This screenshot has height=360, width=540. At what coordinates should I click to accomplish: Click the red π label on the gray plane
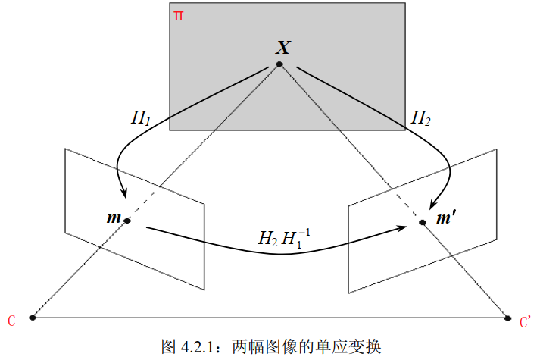pyautogui.click(x=178, y=15)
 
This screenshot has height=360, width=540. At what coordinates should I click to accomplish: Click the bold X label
pyautogui.click(x=282, y=49)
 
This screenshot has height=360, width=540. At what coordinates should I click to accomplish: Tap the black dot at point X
pyautogui.click(x=279, y=64)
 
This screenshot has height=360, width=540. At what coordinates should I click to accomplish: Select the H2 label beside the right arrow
pyautogui.click(x=420, y=118)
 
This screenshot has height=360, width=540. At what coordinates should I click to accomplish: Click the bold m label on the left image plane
pyautogui.click(x=114, y=218)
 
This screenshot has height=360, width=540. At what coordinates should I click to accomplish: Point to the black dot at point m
pyautogui.click(x=127, y=221)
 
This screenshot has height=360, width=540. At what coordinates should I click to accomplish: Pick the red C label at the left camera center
pyautogui.click(x=11, y=321)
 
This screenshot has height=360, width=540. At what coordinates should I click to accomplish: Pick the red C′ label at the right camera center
pyautogui.click(x=526, y=322)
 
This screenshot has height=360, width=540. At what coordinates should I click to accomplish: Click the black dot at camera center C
pyautogui.click(x=32, y=318)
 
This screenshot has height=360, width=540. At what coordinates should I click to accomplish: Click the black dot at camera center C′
pyautogui.click(x=508, y=318)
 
